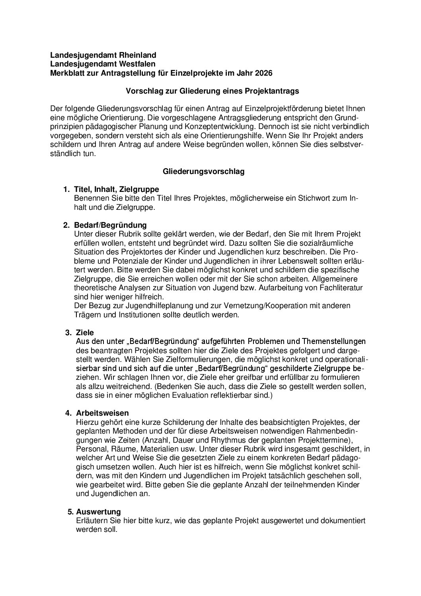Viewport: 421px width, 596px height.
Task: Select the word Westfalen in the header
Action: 136,64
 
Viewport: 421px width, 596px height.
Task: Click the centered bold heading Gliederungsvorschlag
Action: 204,172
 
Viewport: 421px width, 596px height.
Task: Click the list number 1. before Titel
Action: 66,190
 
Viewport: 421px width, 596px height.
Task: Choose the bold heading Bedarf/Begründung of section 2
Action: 111,225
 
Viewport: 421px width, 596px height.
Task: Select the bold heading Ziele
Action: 85,332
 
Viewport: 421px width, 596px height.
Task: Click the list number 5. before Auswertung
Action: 71,512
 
